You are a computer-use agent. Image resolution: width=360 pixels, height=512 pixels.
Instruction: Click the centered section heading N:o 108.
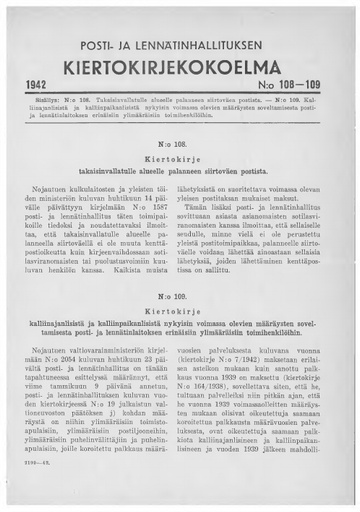click(x=180, y=145)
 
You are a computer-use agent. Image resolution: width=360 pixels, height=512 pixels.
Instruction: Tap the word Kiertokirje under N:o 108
click(x=180, y=159)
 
